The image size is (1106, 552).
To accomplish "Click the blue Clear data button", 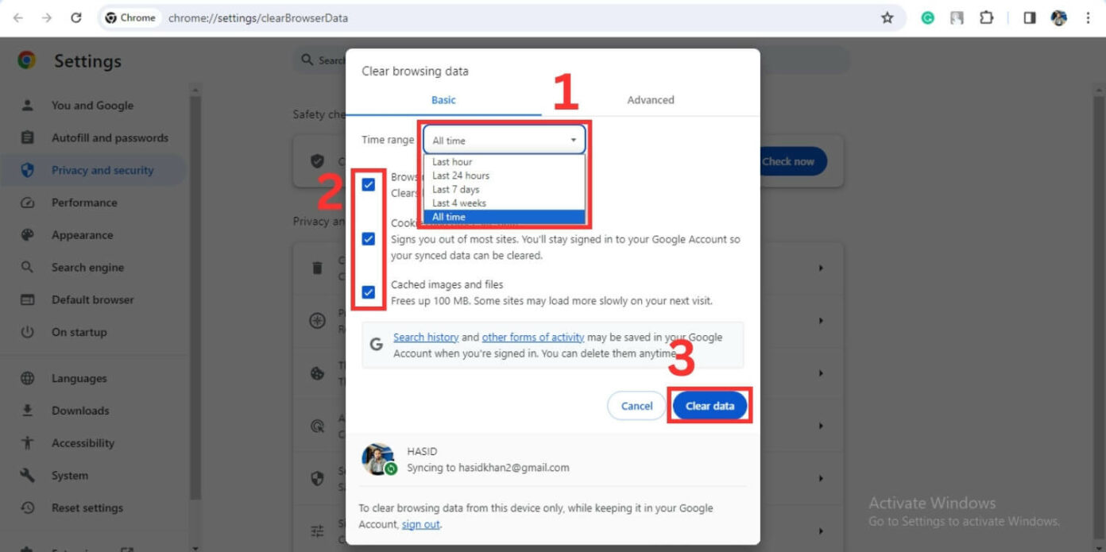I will [710, 406].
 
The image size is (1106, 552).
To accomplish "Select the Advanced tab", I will [650, 100].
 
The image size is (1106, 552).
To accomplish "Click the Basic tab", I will [443, 100].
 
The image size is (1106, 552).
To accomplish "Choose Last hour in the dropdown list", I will [452, 162].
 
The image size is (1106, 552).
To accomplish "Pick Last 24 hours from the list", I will [461, 176].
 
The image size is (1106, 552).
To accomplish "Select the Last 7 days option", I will [455, 190].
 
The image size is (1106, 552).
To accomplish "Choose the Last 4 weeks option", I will [459, 203].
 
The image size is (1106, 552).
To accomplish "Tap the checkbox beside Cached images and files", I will [369, 292].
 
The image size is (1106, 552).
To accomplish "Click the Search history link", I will [426, 338].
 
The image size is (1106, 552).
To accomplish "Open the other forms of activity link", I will [532, 338].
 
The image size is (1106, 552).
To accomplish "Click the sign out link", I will [420, 524].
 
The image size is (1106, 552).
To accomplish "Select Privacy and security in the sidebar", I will [102, 170].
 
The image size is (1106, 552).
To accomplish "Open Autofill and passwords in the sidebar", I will [110, 137].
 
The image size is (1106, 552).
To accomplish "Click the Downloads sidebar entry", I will [80, 411].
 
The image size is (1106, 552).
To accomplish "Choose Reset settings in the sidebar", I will [87, 508].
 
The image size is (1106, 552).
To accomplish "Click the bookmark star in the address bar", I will [888, 17].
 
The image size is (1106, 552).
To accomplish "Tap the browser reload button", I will [76, 17].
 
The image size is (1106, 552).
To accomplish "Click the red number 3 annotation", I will [681, 359].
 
